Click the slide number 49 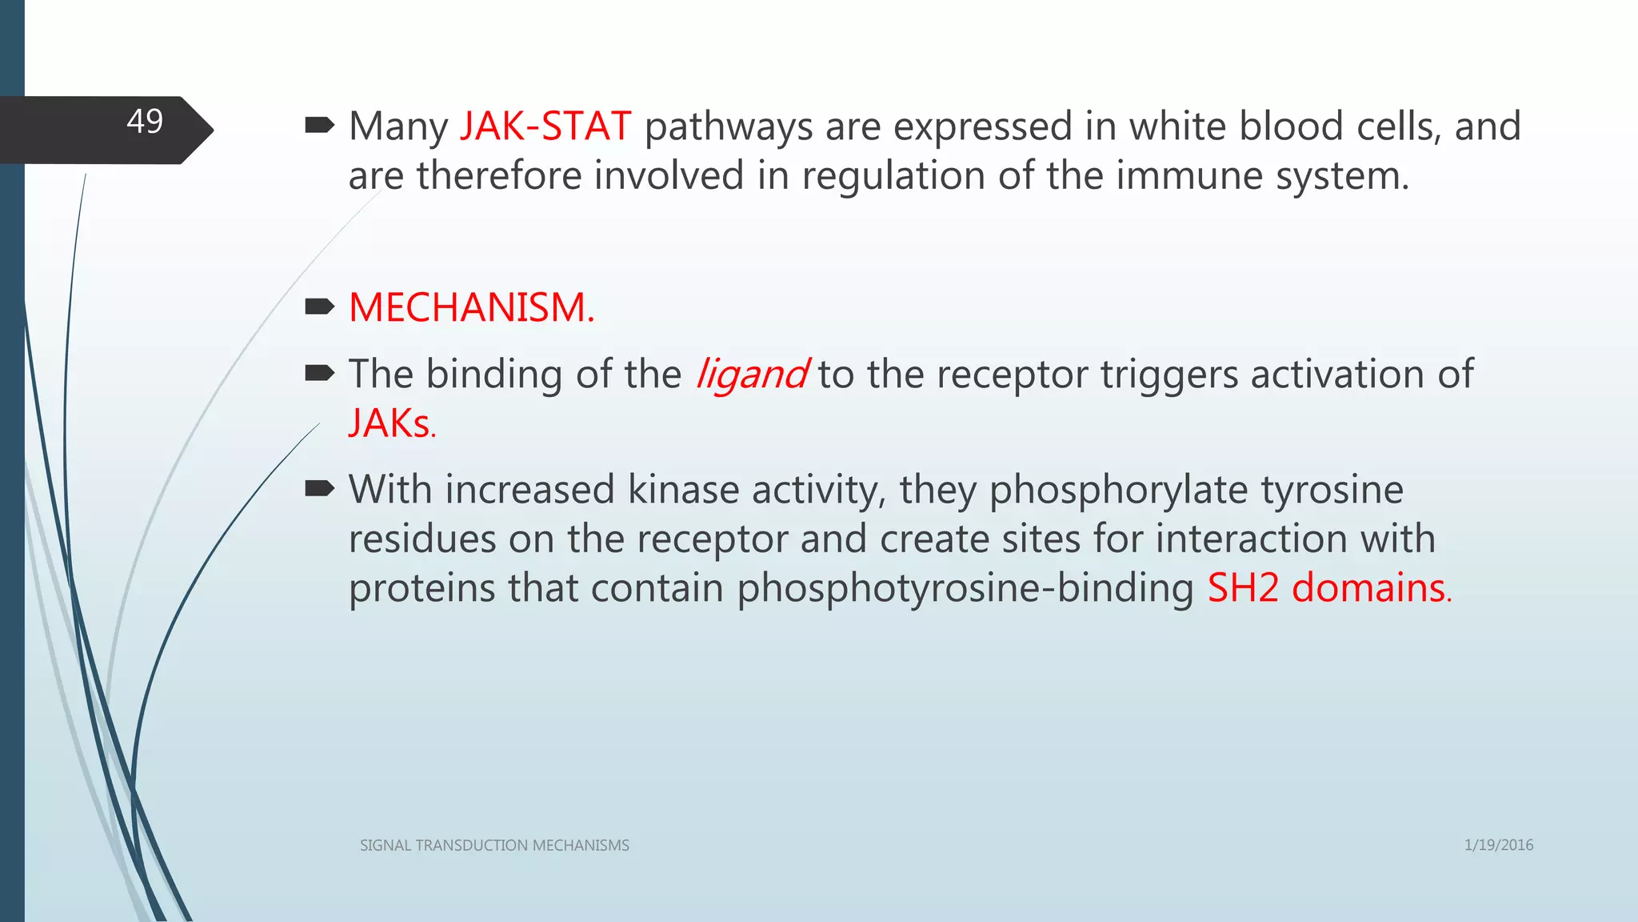[x=145, y=122]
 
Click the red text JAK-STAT [x=545, y=126]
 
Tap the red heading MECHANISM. [x=471, y=307]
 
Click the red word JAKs [x=391, y=423]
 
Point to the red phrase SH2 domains [x=1328, y=588]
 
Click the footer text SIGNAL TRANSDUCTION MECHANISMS [x=494, y=845]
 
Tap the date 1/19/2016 [x=1498, y=845]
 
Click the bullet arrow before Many [x=319, y=125]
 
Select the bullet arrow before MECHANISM [x=319, y=307]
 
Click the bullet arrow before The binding [x=319, y=372]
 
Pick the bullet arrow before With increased [x=319, y=488]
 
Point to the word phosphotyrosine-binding [x=965, y=589]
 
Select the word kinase [x=683, y=490]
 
